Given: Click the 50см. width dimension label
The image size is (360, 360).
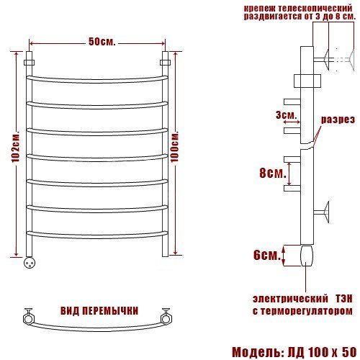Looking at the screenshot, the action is tap(102, 42).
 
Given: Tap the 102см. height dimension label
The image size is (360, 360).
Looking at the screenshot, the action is tap(16, 147).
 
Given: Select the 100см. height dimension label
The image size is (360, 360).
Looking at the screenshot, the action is tap(175, 147).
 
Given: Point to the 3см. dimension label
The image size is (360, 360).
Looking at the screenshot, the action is tap(285, 115).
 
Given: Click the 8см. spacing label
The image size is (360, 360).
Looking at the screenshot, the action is tap(273, 173).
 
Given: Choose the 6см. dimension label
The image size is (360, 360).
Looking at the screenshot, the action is tap(267, 255).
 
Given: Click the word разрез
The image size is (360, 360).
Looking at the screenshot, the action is tap(338, 120).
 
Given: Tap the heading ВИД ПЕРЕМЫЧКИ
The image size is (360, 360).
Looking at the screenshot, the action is tap(99, 311).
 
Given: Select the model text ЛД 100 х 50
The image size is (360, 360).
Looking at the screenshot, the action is tap(322, 352).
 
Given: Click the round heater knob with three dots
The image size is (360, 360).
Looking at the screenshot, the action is tap(30, 262).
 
